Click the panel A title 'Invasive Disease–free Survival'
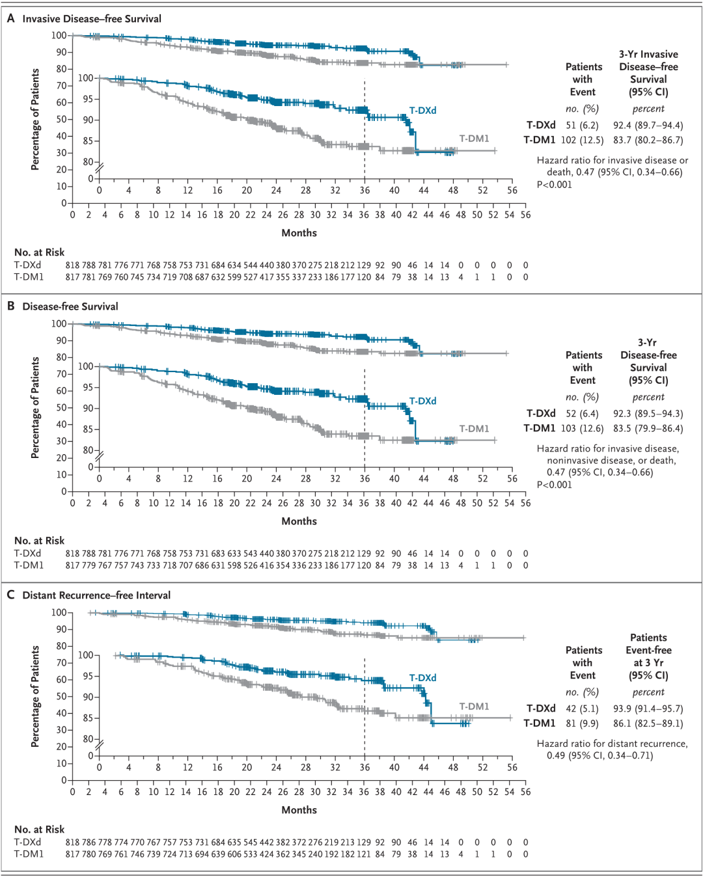(x=92, y=19)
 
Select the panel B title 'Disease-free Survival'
(x=70, y=306)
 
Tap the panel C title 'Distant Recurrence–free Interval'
(x=96, y=595)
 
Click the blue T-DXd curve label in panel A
(x=423, y=111)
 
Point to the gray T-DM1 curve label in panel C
(x=475, y=706)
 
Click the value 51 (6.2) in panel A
(x=582, y=125)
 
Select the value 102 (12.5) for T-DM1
(x=582, y=140)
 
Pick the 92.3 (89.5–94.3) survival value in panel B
(x=648, y=414)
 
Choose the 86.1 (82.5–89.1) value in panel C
(x=648, y=723)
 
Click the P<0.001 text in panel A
(x=554, y=185)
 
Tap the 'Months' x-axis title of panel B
(x=299, y=521)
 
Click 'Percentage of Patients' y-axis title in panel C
(x=35, y=696)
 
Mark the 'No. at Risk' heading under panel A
(x=39, y=252)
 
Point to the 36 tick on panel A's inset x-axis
(x=365, y=191)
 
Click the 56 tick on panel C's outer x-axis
(x=525, y=791)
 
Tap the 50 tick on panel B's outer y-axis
(x=62, y=407)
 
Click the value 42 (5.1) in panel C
(x=582, y=708)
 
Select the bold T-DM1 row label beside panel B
(x=540, y=428)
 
